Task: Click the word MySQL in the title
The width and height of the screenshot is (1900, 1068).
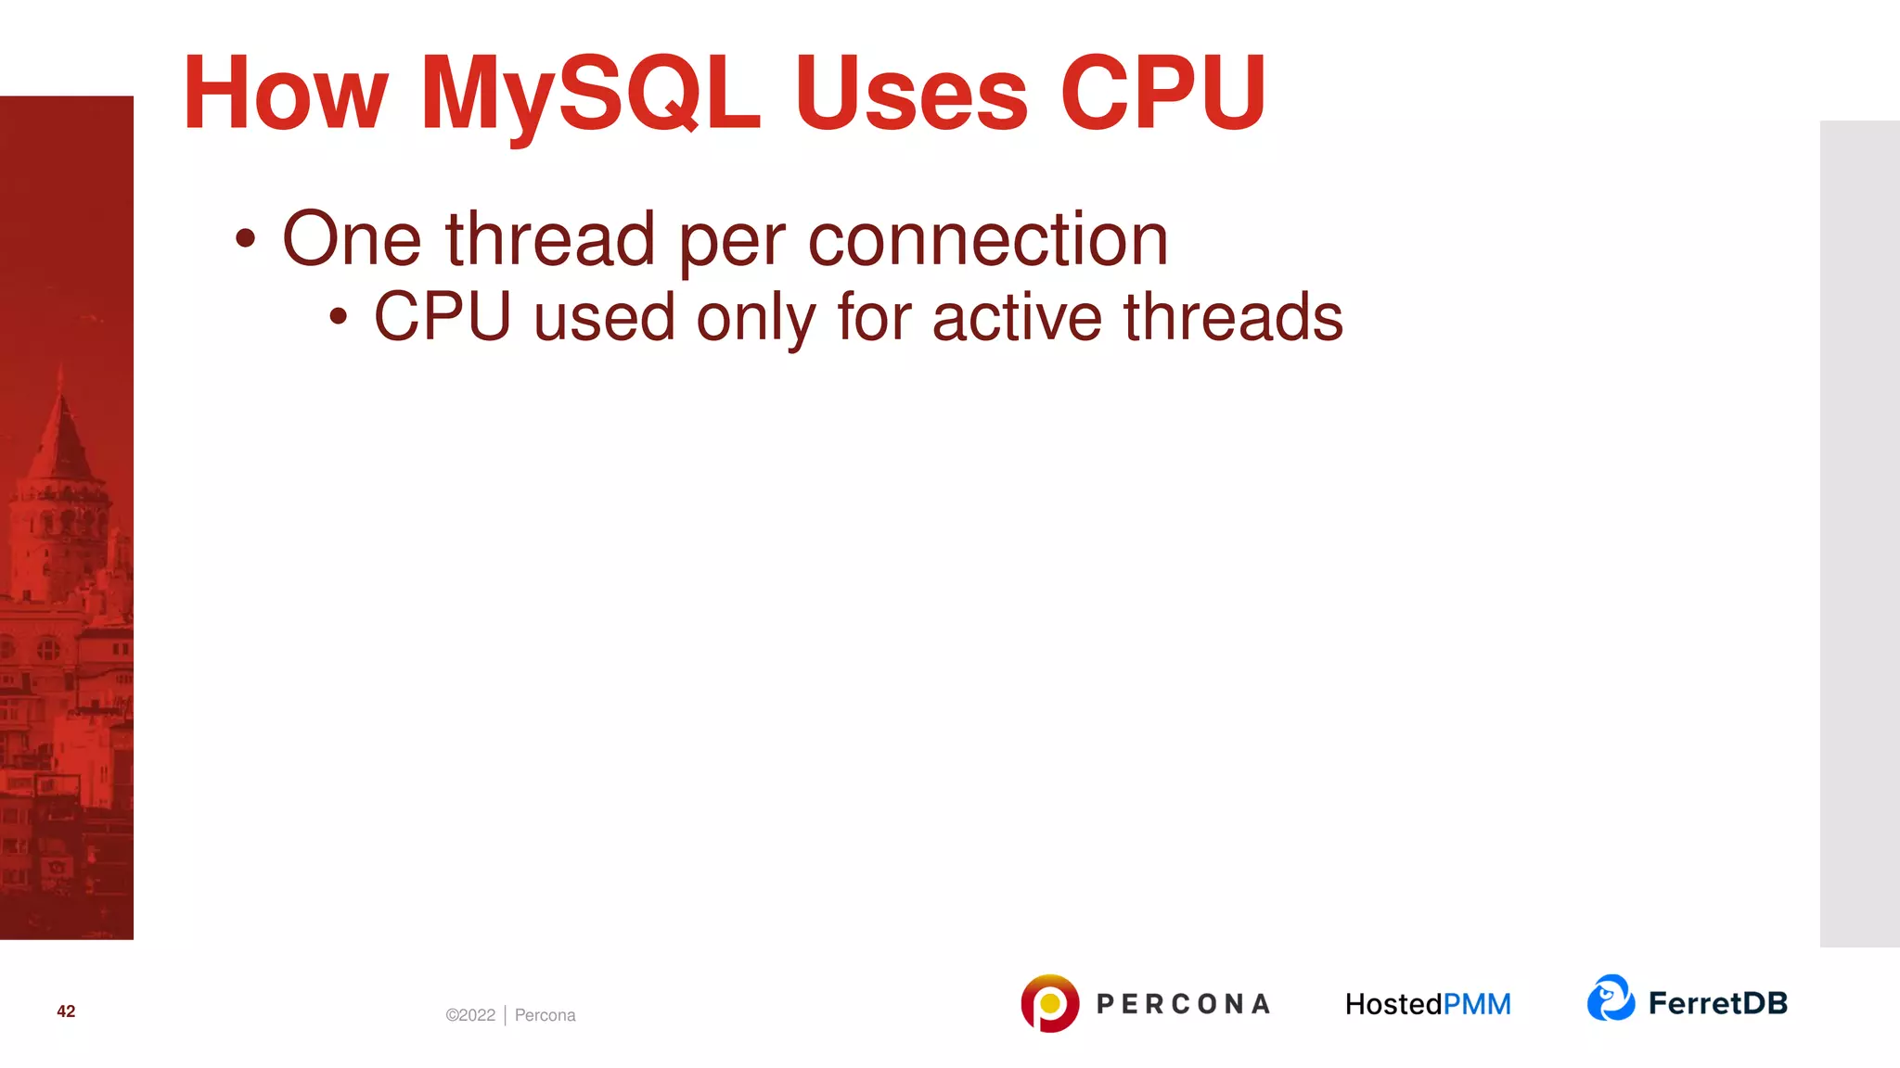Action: [x=590, y=94]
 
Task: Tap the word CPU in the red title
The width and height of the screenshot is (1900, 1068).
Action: [x=1163, y=94]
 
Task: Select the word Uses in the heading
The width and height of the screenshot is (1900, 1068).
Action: [x=910, y=94]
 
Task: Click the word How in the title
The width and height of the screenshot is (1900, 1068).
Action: [x=285, y=94]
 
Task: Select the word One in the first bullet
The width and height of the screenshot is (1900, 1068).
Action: [x=352, y=239]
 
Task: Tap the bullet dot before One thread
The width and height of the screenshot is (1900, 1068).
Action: [x=245, y=239]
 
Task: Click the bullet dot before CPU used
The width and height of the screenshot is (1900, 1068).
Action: [x=339, y=317]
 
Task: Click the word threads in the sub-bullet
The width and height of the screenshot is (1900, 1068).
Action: [x=1233, y=317]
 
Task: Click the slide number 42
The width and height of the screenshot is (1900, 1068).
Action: [x=66, y=1011]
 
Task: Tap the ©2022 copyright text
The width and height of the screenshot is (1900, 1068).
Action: [x=470, y=1015]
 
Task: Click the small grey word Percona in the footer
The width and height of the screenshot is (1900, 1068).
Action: [x=545, y=1015]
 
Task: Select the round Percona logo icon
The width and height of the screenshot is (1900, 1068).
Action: [x=1049, y=1003]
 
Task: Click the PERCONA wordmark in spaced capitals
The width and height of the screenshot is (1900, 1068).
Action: [x=1183, y=1004]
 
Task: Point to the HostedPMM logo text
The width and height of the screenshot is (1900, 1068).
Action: [x=1428, y=1004]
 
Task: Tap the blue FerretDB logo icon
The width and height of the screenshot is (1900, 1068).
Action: [x=1611, y=998]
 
